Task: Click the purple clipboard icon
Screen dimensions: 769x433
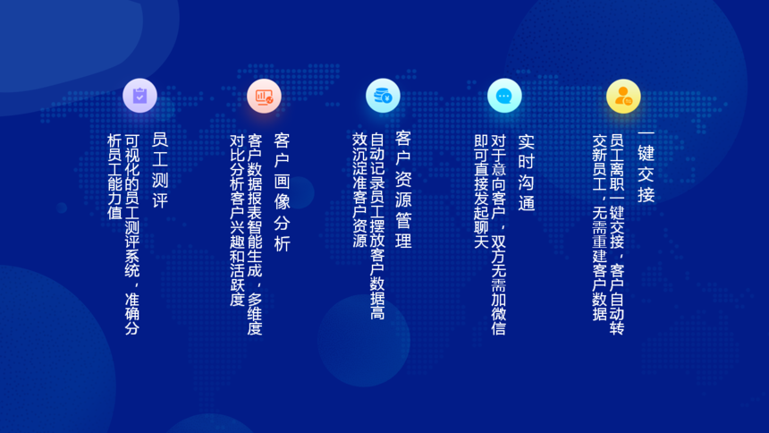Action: (x=139, y=96)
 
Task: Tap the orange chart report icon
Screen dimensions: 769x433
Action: (x=264, y=97)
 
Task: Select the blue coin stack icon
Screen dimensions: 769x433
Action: (x=383, y=96)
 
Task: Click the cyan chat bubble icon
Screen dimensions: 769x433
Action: (x=504, y=96)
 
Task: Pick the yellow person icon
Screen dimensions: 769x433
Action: (x=623, y=97)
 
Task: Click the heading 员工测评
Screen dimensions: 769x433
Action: (x=160, y=170)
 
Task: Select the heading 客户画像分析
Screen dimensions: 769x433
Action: (x=282, y=192)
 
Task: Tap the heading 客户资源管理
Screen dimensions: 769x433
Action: (x=403, y=190)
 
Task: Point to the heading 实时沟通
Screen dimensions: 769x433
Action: (x=527, y=173)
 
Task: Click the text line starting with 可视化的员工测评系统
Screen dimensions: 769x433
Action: (x=132, y=234)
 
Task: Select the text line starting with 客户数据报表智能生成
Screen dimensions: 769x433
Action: (x=255, y=234)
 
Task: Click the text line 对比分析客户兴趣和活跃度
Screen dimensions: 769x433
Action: (x=237, y=220)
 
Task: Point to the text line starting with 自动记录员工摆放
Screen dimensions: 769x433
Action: (x=377, y=226)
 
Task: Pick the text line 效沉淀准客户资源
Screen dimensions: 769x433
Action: (x=360, y=190)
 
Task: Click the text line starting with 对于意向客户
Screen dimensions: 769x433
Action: (x=498, y=234)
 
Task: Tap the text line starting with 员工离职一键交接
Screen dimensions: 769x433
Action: (x=616, y=234)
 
